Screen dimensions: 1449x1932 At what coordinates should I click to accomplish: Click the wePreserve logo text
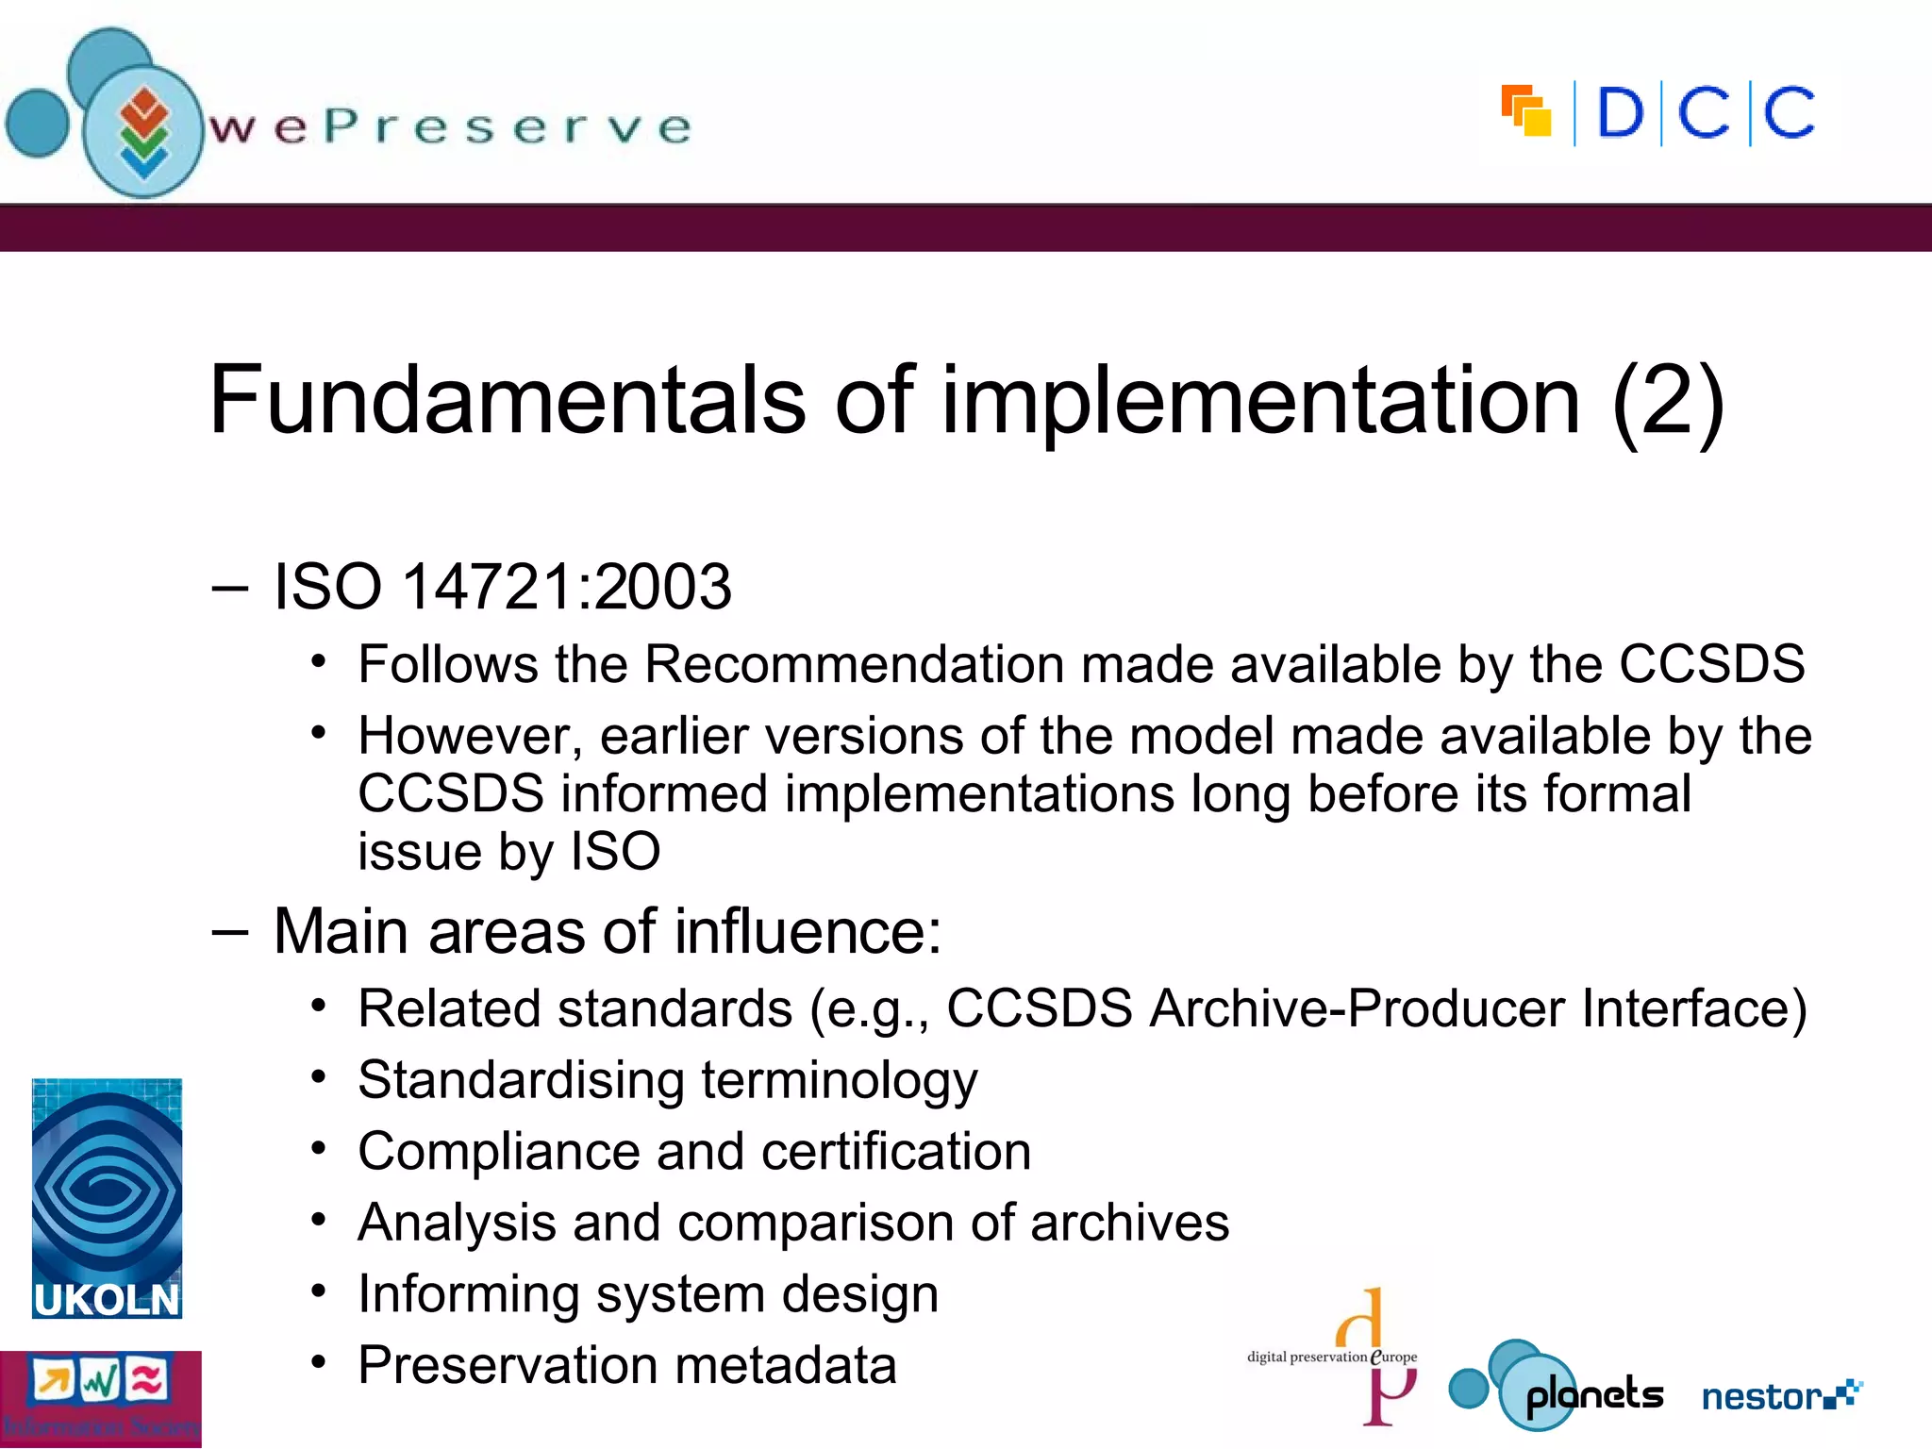point(451,127)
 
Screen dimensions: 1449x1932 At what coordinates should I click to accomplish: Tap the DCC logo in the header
point(1658,114)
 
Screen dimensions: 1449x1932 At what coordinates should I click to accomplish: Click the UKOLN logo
point(107,1198)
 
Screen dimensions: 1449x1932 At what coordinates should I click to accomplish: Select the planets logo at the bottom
point(1557,1387)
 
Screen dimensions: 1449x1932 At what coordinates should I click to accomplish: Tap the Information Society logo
point(100,1399)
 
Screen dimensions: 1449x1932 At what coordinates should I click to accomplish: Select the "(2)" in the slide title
point(1668,402)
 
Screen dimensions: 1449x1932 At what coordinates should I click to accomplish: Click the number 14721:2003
point(567,587)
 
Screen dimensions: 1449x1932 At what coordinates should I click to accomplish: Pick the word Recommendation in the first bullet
point(854,664)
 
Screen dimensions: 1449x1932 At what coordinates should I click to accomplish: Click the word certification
point(896,1152)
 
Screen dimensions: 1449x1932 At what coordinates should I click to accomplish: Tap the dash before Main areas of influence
point(230,932)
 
